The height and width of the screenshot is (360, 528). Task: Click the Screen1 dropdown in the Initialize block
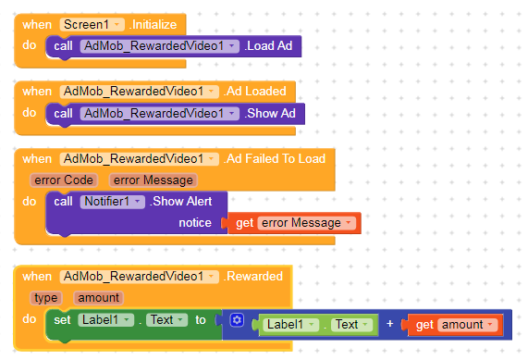coord(92,24)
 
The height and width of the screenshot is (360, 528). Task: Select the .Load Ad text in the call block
coord(272,45)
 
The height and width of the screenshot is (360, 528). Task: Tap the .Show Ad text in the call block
coord(274,113)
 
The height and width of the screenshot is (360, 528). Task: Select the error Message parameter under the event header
coord(153,180)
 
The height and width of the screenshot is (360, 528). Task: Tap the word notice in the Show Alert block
coord(194,223)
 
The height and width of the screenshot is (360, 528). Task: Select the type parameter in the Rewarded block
coord(44,297)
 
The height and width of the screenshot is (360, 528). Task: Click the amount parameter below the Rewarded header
coord(98,297)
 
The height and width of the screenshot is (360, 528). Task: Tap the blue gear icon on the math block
coord(237,320)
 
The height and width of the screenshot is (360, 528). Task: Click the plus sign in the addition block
coord(389,325)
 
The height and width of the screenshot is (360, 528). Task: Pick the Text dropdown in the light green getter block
coord(351,325)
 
